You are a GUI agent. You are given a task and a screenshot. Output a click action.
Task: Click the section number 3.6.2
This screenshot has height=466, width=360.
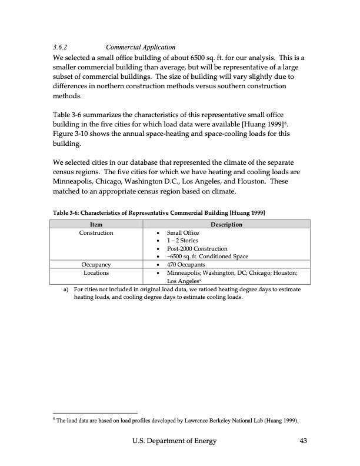pos(61,47)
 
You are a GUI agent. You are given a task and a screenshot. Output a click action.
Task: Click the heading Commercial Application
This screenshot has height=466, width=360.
pos(141,47)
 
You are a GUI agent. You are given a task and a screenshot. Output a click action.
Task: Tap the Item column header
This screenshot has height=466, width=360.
pos(95,224)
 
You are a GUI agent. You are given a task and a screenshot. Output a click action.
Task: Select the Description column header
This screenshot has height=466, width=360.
pos(226,224)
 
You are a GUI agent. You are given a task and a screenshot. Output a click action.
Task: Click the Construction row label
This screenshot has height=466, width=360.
pos(95,233)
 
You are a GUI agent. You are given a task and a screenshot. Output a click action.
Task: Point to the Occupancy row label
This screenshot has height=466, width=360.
pos(95,265)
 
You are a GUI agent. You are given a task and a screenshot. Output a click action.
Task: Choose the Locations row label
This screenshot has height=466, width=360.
pos(95,273)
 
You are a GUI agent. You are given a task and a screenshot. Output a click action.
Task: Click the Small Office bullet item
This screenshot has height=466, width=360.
pos(183,233)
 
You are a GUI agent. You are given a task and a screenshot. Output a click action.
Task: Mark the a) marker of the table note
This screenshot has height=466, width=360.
pos(67,289)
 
